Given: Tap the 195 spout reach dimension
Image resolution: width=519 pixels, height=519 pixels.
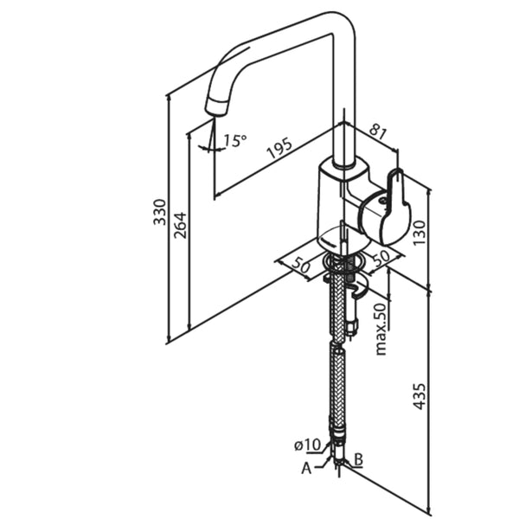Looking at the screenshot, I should pos(279,149).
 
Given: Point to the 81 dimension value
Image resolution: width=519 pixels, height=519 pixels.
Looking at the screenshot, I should pos(377,131).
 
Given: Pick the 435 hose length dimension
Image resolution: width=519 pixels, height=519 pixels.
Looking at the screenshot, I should pos(420,394).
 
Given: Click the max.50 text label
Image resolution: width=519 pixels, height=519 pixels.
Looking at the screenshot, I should pos(381,328).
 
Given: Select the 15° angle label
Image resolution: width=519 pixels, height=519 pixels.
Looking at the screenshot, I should pos(234,139).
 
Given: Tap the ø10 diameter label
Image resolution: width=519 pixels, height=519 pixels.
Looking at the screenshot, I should pos(307,445).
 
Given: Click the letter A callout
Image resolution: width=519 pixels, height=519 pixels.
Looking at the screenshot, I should pos(305,468).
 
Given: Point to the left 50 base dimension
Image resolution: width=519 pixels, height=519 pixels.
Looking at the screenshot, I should pos(300,266).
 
